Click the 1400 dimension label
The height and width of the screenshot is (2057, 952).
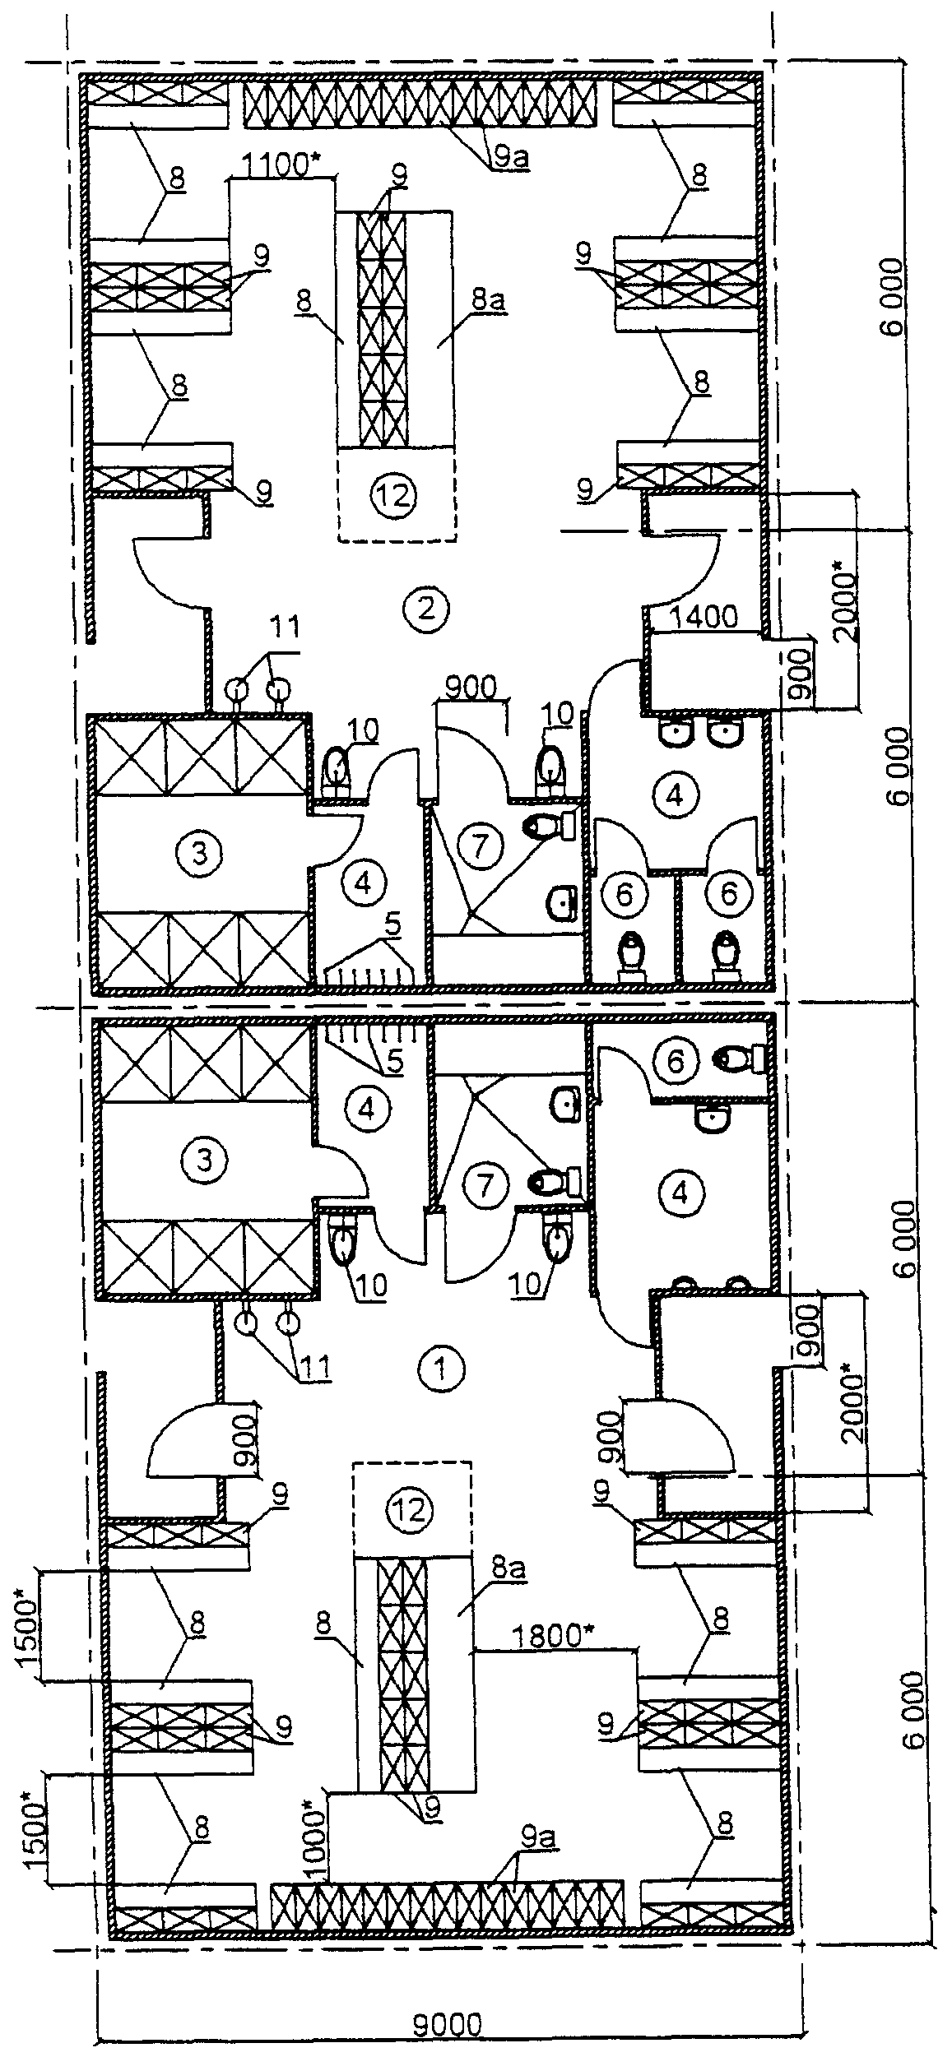pyautogui.click(x=704, y=617)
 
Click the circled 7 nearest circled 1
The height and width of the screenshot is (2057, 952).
pyautogui.click(x=485, y=1185)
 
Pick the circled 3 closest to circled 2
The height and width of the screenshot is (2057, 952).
pyautogui.click(x=197, y=854)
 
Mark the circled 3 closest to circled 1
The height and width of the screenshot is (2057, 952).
pyautogui.click(x=205, y=1161)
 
